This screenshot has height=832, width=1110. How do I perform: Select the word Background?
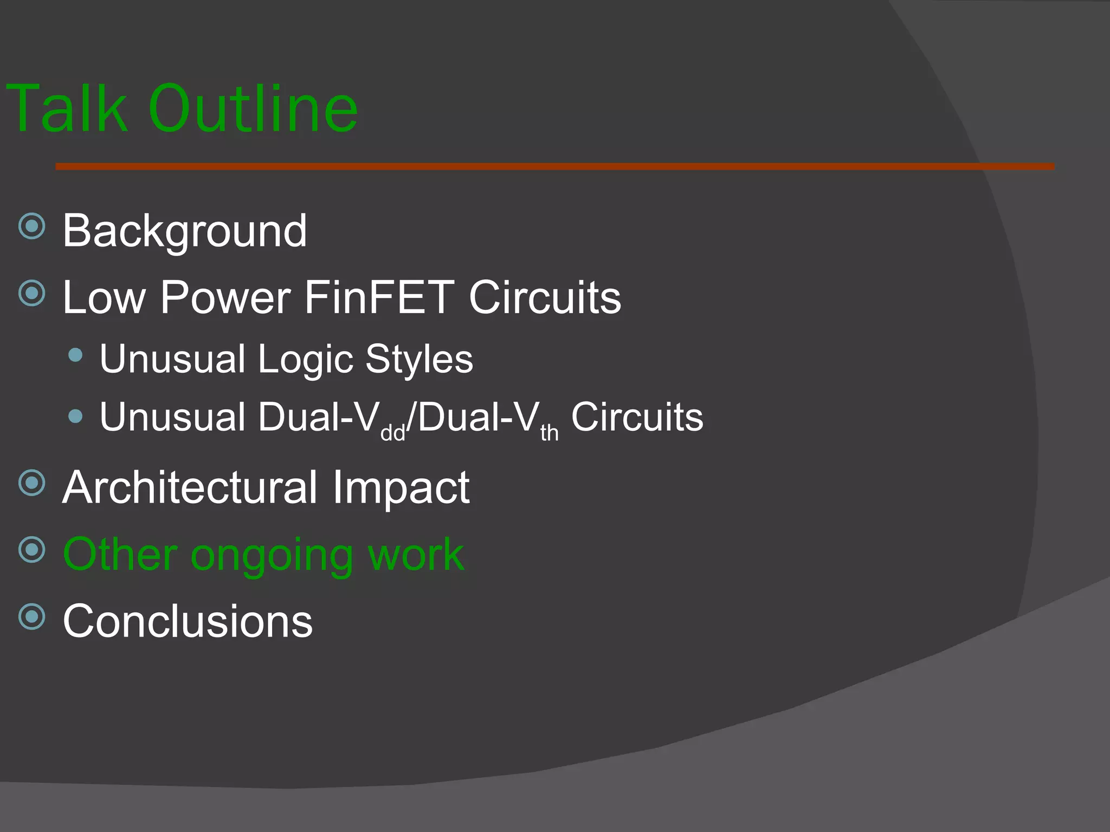(185, 231)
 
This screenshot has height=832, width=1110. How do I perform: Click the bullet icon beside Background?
(32, 226)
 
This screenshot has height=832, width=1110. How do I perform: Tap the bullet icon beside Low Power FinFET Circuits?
(32, 293)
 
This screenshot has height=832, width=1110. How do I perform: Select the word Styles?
(419, 360)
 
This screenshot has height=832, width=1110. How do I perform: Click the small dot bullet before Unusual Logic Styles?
(76, 355)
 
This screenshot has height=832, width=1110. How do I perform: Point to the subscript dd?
(393, 433)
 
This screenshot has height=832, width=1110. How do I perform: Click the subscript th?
(549, 433)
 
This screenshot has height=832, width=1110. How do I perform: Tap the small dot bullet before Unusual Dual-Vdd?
(76, 416)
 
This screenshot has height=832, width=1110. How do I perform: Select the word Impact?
(401, 487)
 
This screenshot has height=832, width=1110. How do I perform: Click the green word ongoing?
(272, 556)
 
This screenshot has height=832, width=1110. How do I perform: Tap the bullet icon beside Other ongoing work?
(32, 550)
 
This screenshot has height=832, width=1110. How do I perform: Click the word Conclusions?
(188, 621)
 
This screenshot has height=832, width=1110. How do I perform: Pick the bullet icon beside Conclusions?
(32, 616)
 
